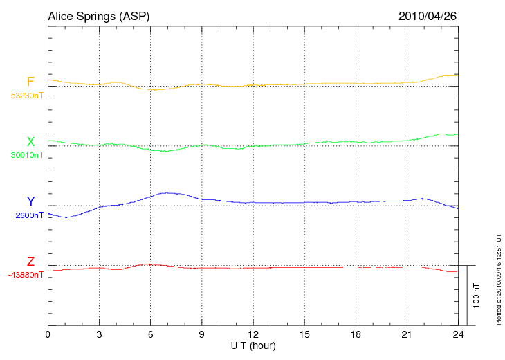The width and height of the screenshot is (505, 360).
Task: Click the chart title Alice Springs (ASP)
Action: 98,15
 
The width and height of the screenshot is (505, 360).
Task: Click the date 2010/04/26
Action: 428,15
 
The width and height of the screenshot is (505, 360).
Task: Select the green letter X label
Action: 30,142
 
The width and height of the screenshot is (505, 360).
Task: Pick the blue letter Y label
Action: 30,201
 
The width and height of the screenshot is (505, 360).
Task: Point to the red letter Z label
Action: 30,262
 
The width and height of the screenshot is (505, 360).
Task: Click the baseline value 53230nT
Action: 27,96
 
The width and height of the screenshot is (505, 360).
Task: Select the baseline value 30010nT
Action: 27,155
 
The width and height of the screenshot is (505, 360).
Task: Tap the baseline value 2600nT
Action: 29,215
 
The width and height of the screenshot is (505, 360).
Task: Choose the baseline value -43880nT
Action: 26,275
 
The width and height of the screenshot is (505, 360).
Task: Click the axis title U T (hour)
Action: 253,345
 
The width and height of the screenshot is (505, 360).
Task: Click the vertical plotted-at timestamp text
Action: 498,277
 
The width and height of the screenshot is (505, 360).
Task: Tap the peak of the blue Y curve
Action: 166,192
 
